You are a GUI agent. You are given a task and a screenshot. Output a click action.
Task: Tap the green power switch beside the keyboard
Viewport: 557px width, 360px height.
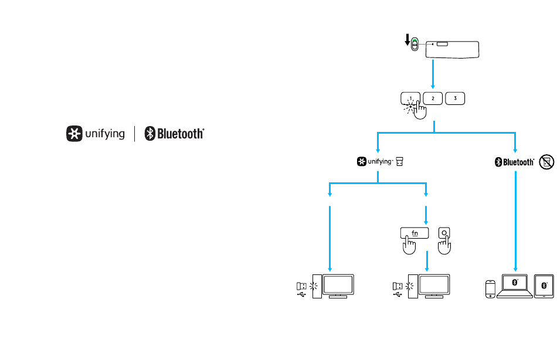click(415, 45)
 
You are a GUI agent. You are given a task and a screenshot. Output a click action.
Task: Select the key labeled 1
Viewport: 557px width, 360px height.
click(411, 99)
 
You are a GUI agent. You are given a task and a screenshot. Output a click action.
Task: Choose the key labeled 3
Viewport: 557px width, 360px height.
click(455, 99)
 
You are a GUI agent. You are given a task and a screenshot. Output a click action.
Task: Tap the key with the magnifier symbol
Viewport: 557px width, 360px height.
click(445, 233)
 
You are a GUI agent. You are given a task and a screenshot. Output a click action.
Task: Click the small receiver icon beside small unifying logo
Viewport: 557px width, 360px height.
click(400, 162)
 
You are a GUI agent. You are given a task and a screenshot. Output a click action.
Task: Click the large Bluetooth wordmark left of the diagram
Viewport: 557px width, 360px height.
click(175, 134)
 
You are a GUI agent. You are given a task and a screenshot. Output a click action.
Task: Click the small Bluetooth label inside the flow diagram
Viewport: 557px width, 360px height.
click(514, 162)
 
